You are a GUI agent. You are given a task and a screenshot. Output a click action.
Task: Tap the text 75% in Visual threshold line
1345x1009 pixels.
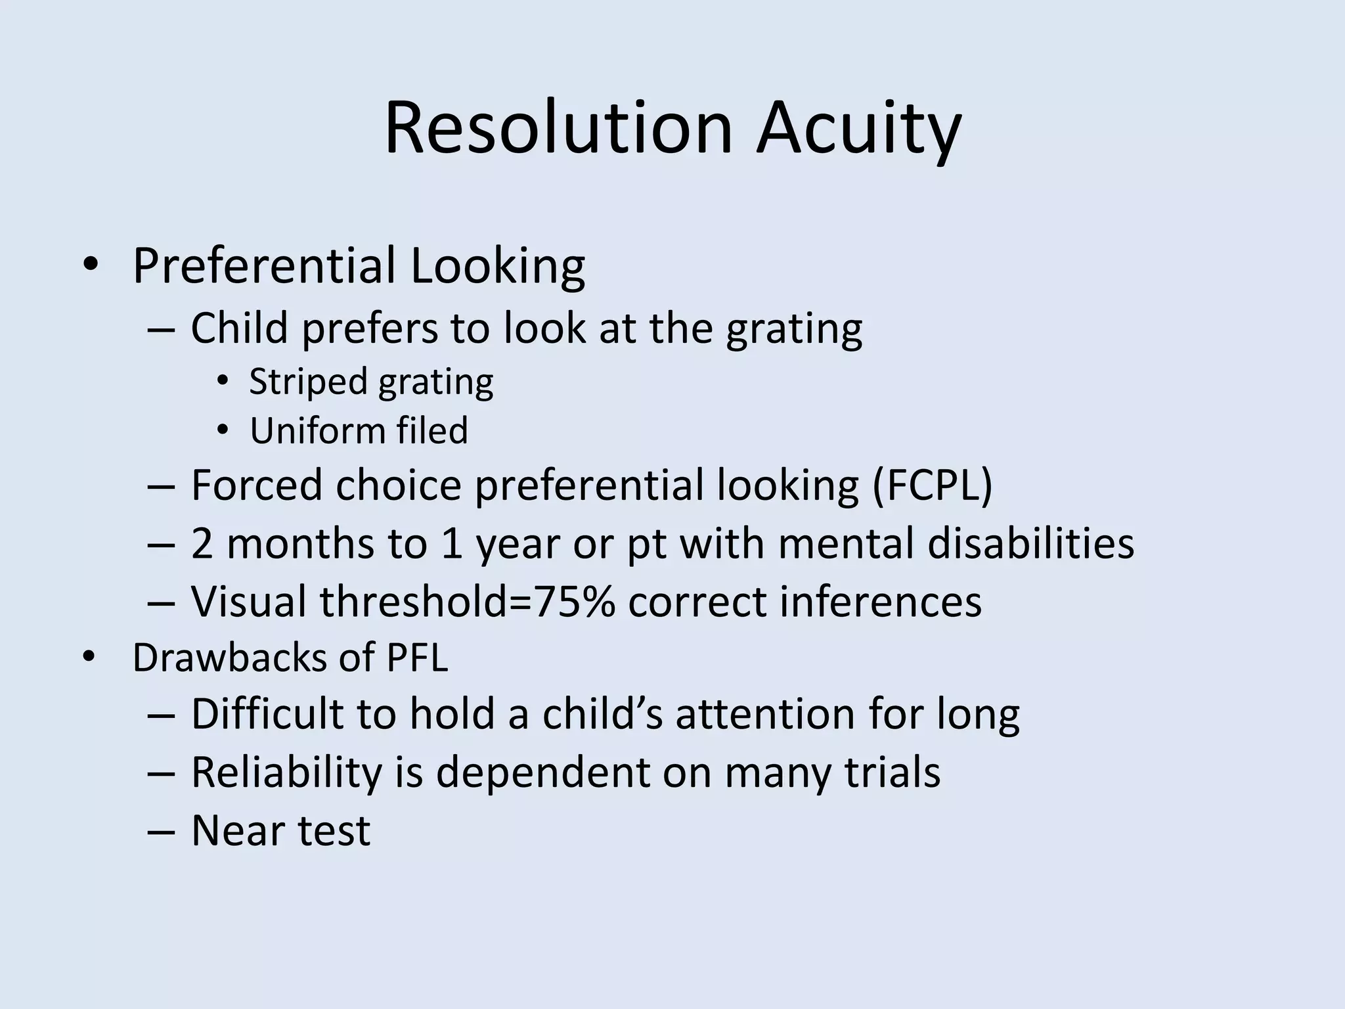tap(575, 602)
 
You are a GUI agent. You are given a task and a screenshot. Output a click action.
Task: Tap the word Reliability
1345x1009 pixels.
tap(286, 772)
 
